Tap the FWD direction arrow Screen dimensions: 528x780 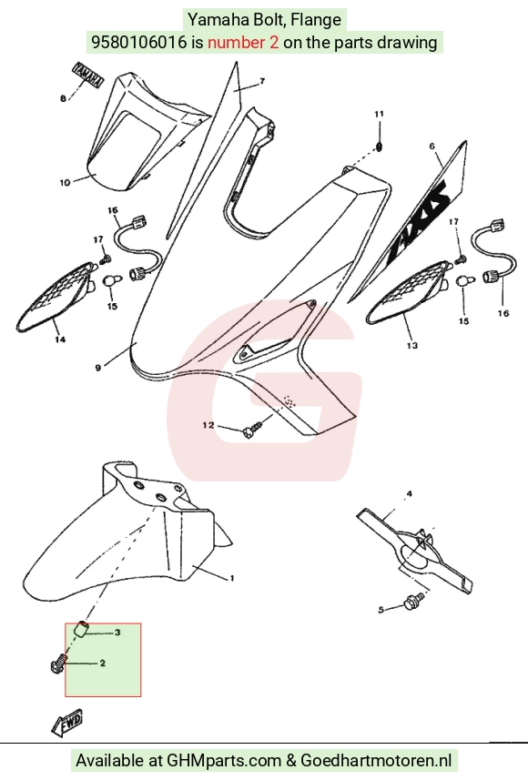pyautogui.click(x=67, y=723)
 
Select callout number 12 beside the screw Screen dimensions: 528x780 pyautogui.click(x=208, y=425)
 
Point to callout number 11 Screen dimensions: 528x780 pyautogui.click(x=380, y=114)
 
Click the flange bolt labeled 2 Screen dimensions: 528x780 pyautogui.click(x=58, y=664)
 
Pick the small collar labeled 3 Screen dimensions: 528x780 pyautogui.click(x=82, y=629)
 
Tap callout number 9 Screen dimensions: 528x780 pyautogui.click(x=98, y=368)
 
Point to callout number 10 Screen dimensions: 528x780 pyautogui.click(x=66, y=183)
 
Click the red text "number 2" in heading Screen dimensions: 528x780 pyautogui.click(x=243, y=42)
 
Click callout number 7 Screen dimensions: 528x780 pyautogui.click(x=262, y=81)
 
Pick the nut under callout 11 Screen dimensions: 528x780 pyautogui.click(x=379, y=147)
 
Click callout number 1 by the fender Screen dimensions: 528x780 pyautogui.click(x=232, y=578)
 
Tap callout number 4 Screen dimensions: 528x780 pyautogui.click(x=409, y=493)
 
